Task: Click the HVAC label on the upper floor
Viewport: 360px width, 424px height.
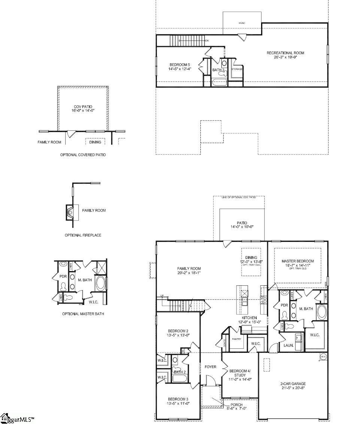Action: point(242,23)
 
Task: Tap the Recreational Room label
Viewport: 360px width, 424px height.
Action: point(285,53)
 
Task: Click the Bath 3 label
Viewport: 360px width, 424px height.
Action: point(218,70)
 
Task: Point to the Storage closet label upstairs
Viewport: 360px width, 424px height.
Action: point(237,69)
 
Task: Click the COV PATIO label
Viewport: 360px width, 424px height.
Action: point(83,107)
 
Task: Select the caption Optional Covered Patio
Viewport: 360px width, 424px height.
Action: point(83,155)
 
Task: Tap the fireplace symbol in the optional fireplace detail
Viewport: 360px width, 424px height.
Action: point(70,212)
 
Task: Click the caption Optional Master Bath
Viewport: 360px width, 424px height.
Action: point(83,314)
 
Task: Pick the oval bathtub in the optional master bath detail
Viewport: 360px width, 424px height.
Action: point(100,284)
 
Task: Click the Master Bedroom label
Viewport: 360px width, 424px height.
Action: point(298,261)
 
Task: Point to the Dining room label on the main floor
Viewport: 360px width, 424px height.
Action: point(251,257)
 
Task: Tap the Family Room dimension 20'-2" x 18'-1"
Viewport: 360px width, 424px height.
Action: point(189,273)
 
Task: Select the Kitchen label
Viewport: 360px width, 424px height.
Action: point(249,318)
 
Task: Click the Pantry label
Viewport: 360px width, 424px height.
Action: point(236,339)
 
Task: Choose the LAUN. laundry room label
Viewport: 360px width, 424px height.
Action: point(288,345)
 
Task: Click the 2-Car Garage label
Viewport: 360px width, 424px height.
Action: point(293,384)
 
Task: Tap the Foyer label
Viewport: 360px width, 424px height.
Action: point(211,367)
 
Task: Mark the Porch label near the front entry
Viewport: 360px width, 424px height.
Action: point(236,405)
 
